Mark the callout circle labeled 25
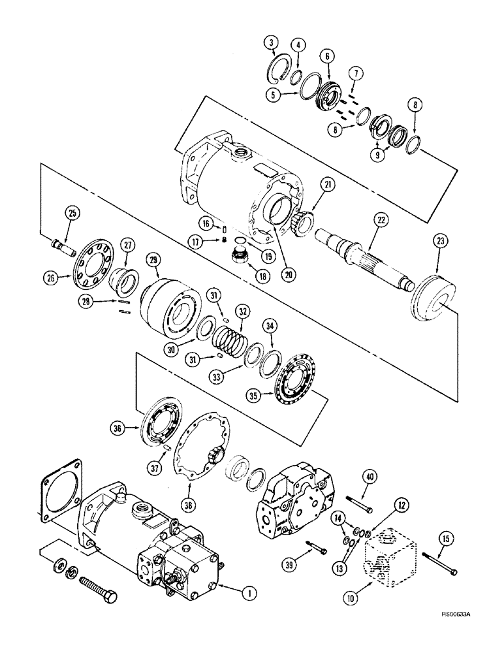72,214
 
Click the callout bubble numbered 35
253,394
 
